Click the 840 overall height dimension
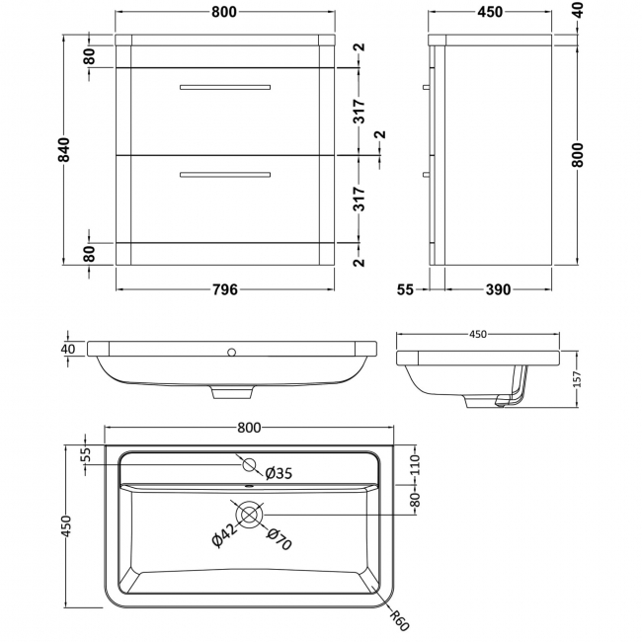pyautogui.click(x=64, y=149)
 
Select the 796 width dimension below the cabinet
pyautogui.click(x=225, y=289)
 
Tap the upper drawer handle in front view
pyautogui.click(x=225, y=87)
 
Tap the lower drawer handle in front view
pyautogui.click(x=225, y=175)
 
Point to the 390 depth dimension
pyautogui.click(x=498, y=289)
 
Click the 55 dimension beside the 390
pyautogui.click(x=405, y=289)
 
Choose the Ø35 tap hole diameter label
pyautogui.click(x=279, y=474)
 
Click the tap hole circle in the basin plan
pyautogui.click(x=249, y=465)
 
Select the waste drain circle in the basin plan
pyautogui.click(x=249, y=515)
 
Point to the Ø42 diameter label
pyautogui.click(x=224, y=535)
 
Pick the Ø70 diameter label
pyautogui.click(x=280, y=539)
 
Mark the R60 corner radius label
pyautogui.click(x=399, y=620)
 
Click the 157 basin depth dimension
pyautogui.click(x=577, y=379)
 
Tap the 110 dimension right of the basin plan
pyautogui.click(x=415, y=464)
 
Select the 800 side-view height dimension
pyautogui.click(x=578, y=154)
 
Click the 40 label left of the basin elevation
pyautogui.click(x=68, y=349)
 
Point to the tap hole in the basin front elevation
pyautogui.click(x=232, y=352)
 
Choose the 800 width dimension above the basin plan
pyautogui.click(x=249, y=428)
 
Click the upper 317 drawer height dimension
pyautogui.click(x=360, y=111)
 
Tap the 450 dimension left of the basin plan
pyautogui.click(x=66, y=525)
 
